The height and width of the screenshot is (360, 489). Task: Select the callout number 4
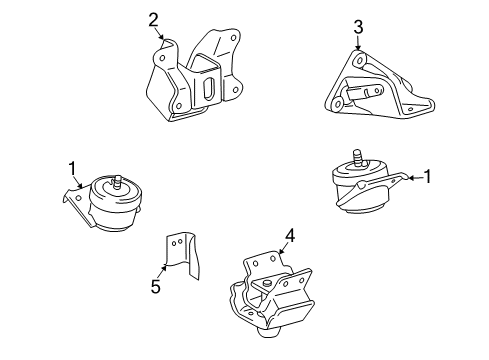[x=289, y=236]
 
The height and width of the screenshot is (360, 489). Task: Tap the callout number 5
[x=155, y=287]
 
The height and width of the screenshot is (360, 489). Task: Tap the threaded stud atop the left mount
[x=118, y=182]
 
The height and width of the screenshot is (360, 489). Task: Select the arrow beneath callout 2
[x=158, y=36]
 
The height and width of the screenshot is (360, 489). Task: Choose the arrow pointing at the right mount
[x=408, y=178]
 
